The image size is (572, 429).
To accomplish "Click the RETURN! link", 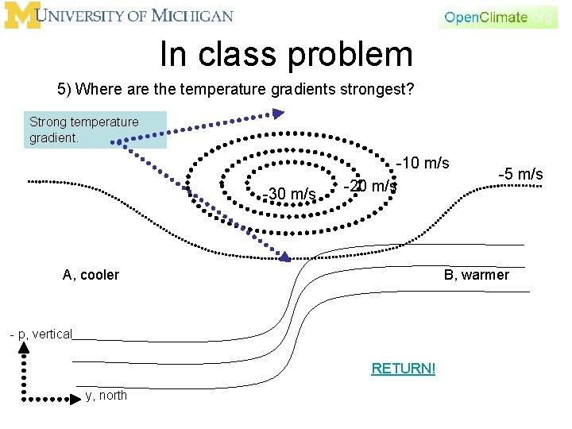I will coord(403,369).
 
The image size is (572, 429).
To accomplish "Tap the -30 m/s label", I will coord(290,193).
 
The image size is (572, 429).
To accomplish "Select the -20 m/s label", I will coord(370,186).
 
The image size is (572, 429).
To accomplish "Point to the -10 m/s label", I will coord(423,164).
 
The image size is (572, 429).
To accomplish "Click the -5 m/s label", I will coord(520,173).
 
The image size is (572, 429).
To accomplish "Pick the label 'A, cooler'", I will coord(91,275).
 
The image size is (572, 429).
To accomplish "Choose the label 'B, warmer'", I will coord(476,275).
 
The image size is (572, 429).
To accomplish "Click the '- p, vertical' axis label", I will coord(41,334).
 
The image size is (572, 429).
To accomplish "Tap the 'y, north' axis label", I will coord(106,396).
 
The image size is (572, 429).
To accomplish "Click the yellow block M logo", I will coord(21,16).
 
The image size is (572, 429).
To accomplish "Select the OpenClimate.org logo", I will coord(498,17).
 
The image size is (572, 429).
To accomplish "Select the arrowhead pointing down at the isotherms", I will coord(284,256).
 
